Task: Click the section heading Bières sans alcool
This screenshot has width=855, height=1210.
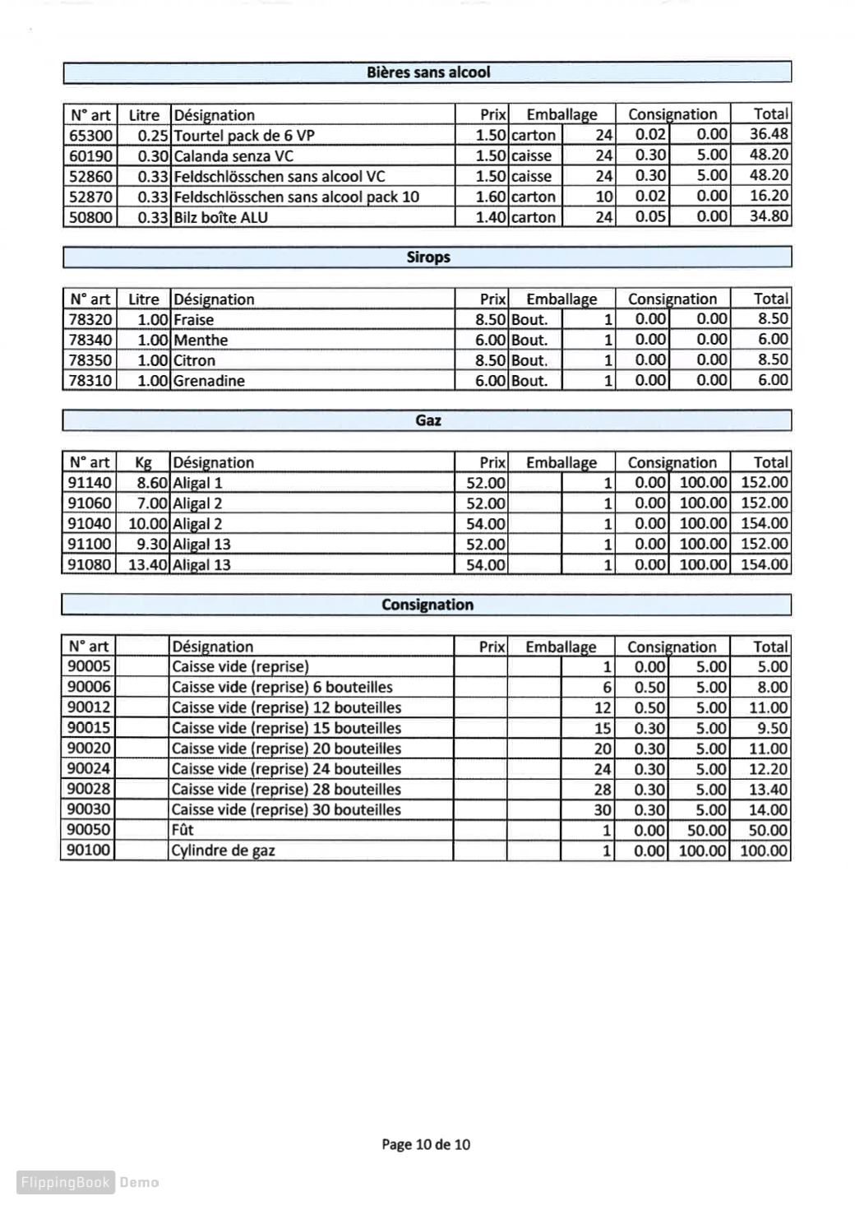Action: click(427, 72)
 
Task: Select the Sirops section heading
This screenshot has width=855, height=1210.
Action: click(427, 257)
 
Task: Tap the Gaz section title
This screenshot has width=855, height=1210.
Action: click(427, 420)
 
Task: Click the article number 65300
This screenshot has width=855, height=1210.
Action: click(90, 135)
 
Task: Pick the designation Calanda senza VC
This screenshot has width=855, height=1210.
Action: click(233, 155)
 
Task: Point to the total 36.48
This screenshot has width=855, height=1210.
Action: click(769, 134)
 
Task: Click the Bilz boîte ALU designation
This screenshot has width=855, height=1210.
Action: click(220, 217)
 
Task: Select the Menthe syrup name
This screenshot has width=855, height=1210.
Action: click(201, 340)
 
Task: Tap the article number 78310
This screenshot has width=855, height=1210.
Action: click(90, 380)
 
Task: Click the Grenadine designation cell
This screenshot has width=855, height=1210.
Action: click(209, 380)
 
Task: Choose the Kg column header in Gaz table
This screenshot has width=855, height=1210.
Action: click(143, 462)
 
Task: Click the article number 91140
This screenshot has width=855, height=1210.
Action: click(90, 483)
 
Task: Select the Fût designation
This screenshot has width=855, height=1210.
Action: click(183, 830)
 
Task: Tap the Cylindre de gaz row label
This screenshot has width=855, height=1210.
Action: click(223, 851)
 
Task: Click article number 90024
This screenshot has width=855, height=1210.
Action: click(88, 768)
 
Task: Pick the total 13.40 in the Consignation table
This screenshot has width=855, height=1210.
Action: click(768, 790)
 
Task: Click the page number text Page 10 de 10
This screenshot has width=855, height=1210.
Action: click(426, 1144)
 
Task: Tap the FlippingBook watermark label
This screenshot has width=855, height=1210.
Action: click(66, 1183)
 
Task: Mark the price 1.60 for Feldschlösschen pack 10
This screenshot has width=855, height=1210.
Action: click(491, 197)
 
